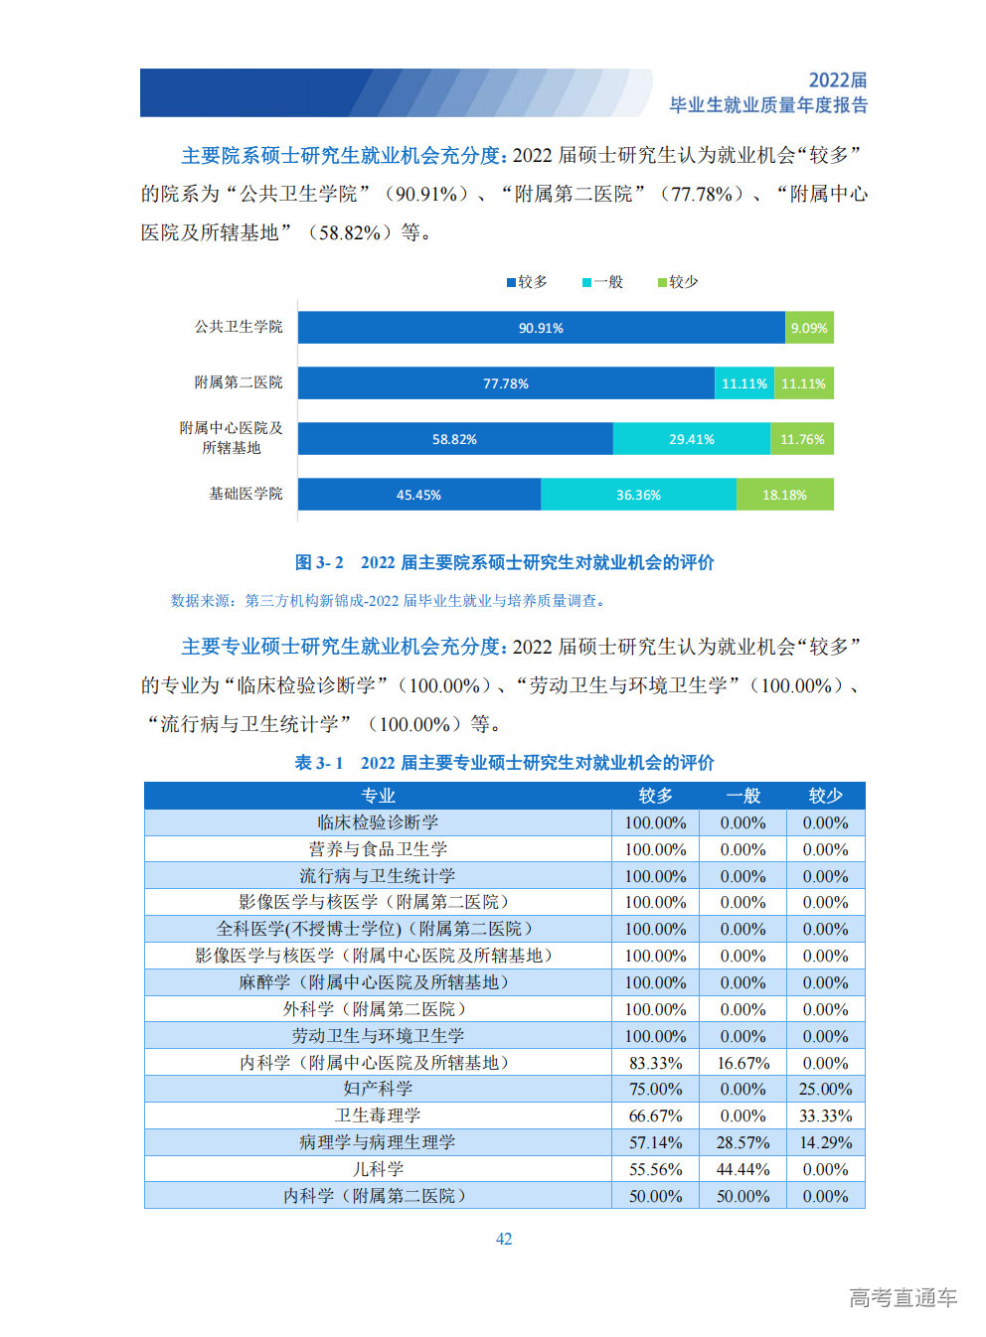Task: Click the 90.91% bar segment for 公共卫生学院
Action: pos(541,328)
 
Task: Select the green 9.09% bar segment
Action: pos(808,328)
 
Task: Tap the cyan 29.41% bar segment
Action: pos(691,439)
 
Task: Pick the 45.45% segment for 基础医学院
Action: pos(418,495)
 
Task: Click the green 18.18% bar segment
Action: pos(784,495)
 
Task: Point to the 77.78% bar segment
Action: pos(506,383)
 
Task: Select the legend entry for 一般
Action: pos(602,282)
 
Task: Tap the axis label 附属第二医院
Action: pos(239,382)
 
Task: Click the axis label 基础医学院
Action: pos(246,494)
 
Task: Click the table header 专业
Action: pos(378,796)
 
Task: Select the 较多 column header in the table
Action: pos(655,796)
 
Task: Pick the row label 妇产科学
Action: pos(378,1089)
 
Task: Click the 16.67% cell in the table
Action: pos(742,1063)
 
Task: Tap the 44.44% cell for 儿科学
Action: pos(742,1169)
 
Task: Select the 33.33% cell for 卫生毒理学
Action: pos(825,1115)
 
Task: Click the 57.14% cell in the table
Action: pos(655,1142)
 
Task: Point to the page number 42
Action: pos(504,1239)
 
